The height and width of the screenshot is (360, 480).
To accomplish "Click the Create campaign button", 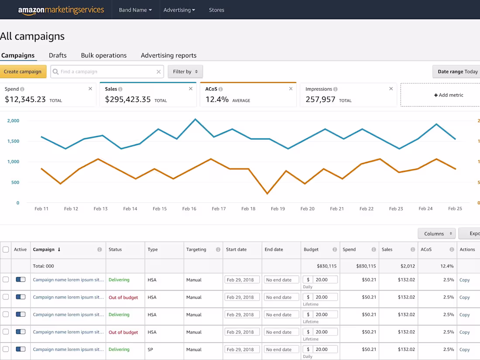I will pos(23,72).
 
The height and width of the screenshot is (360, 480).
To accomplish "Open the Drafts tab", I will pos(58,55).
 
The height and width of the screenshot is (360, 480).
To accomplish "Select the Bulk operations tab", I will pos(104,55).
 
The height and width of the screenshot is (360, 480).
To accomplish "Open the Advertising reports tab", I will pos(168,55).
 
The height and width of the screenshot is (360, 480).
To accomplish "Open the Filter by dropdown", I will pos(185,72).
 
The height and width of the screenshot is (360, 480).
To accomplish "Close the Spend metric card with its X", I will pos(90,89).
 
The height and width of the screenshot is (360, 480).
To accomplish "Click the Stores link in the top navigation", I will pos(216,10).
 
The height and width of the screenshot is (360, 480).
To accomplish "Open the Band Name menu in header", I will pos(135,10).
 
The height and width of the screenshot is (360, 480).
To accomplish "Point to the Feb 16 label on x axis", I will pos(189,209).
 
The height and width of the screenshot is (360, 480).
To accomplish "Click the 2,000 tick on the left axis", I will pos(13,121).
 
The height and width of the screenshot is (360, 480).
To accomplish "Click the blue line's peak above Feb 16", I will pos(195,119).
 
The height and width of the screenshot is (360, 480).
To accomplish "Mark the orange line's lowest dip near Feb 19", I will pos(267,193).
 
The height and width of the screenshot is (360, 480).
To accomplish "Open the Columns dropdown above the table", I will pos(436,234).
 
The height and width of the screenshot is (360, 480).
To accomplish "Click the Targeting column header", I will pos(196,250).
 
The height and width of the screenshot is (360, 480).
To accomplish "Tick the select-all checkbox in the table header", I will pos(6,250).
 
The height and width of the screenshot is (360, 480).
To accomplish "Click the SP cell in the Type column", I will pos(150,350).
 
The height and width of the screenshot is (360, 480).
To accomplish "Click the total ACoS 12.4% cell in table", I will pos(447,266).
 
